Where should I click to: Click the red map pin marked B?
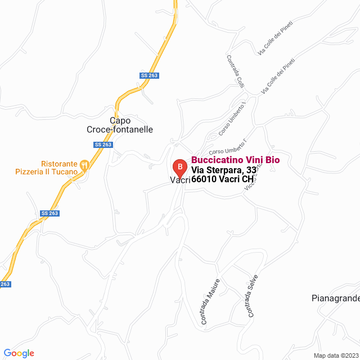coord(179,167)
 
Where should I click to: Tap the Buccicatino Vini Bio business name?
coord(235,160)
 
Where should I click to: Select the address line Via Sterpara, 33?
coord(224,170)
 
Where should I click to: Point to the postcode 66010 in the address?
coord(204,179)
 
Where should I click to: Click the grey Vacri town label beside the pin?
coord(179,181)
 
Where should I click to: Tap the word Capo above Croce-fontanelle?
coord(120,120)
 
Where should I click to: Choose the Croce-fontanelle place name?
coord(120,129)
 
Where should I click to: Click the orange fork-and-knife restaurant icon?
coord(84,165)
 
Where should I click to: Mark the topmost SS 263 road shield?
coord(150,76)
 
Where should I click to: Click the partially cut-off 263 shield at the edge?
coord(4,284)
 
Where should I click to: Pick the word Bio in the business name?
coord(271,160)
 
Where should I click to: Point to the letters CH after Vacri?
coord(248,179)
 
